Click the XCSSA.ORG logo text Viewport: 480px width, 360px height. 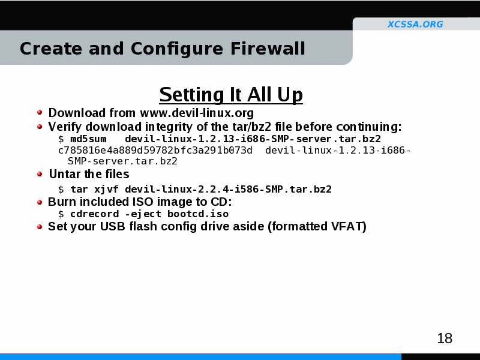pyautogui.click(x=415, y=24)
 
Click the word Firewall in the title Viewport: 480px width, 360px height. pyautogui.click(x=268, y=49)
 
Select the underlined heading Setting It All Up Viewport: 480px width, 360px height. pyautogui.click(x=231, y=95)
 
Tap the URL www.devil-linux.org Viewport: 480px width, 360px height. pyautogui.click(x=197, y=113)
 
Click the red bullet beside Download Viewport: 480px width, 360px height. pyautogui.click(x=40, y=112)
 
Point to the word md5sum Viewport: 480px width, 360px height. pyautogui.click(x=88, y=139)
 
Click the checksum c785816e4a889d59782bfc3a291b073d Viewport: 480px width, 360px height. pyautogui.click(x=155, y=151)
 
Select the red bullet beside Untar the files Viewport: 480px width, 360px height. pyautogui.click(x=40, y=174)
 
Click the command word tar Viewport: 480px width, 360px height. pyautogui.click(x=79, y=189)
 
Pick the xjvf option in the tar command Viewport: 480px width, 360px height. pyautogui.click(x=106, y=190)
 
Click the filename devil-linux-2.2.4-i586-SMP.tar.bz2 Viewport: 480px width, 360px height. pyautogui.click(x=229, y=189)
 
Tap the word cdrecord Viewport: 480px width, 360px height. pyautogui.click(x=95, y=214)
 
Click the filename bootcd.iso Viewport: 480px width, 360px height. pyautogui.click(x=198, y=214)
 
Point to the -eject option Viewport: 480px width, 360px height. pyautogui.click(x=143, y=214)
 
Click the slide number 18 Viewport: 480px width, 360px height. pyautogui.click(x=445, y=338)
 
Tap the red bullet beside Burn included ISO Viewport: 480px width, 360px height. pyautogui.click(x=40, y=202)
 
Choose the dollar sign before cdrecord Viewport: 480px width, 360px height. pyautogui.click(x=61, y=214)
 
